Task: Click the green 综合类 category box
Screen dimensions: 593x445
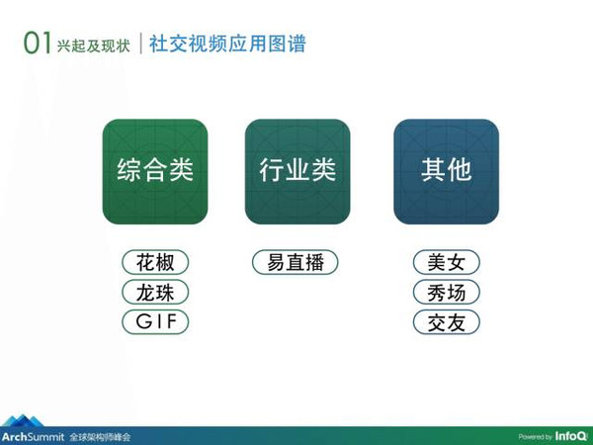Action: point(155,171)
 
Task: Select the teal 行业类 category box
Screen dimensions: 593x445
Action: point(297,171)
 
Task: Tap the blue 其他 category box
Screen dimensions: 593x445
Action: point(447,171)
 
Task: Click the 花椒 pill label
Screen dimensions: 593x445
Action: point(155,262)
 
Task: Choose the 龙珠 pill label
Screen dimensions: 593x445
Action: point(155,292)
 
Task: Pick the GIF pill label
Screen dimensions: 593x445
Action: point(155,322)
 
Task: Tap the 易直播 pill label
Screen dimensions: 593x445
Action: point(295,262)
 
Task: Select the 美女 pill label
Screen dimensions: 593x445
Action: point(447,262)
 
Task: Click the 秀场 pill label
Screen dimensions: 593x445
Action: point(447,292)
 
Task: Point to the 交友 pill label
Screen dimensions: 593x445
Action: point(447,322)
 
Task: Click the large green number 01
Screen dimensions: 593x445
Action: point(38,43)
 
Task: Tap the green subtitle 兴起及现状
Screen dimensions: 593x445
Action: point(94,45)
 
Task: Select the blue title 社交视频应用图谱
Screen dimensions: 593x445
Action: point(227,44)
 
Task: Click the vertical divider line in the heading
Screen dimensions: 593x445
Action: point(140,44)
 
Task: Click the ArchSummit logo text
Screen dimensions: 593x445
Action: point(33,437)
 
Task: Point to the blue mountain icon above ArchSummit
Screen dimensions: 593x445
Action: point(24,421)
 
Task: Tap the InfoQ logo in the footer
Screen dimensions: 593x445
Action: point(571,436)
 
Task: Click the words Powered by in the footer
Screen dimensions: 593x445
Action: point(536,437)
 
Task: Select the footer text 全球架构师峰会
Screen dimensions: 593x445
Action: point(100,437)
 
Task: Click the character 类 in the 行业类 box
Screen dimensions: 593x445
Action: point(323,169)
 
